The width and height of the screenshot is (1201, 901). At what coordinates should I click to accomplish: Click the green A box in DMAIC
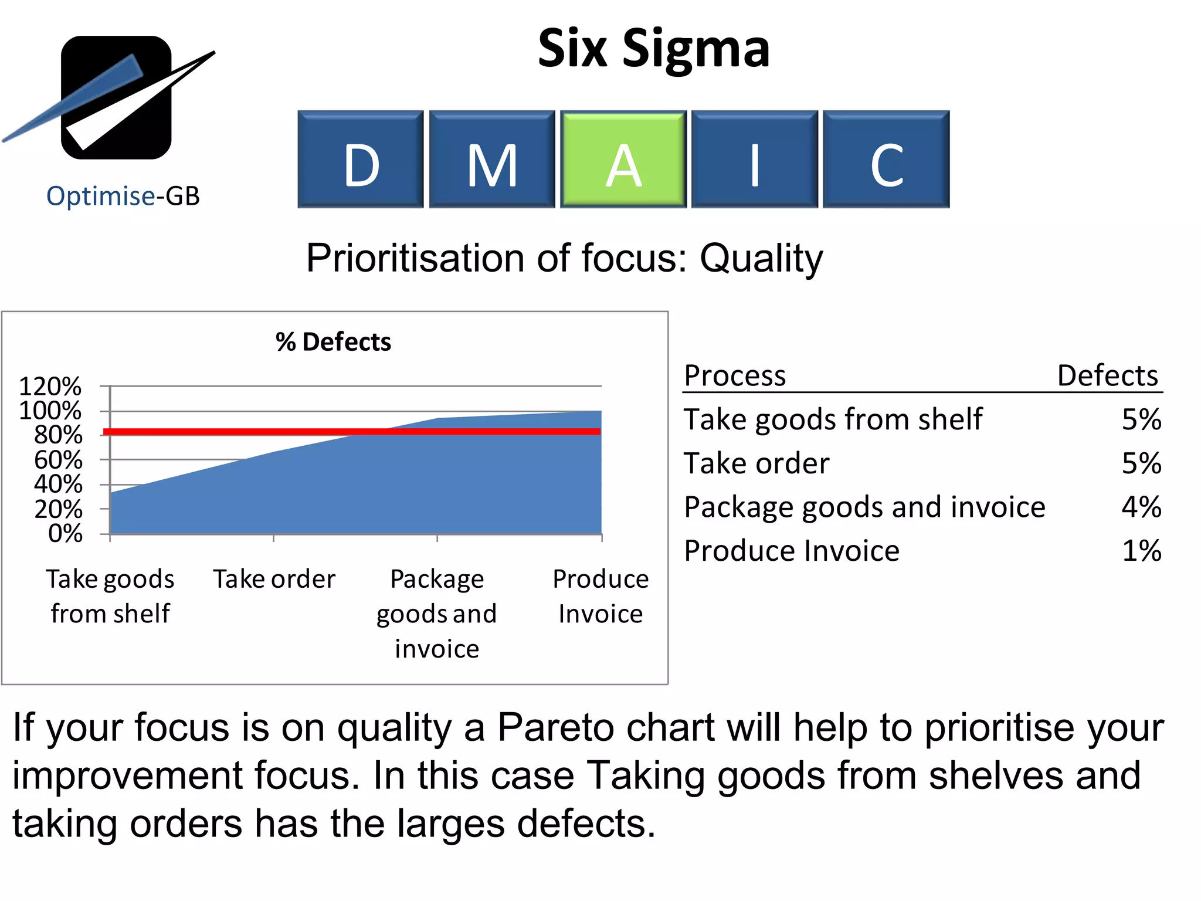[623, 159]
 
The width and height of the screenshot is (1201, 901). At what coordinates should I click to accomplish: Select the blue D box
[360, 159]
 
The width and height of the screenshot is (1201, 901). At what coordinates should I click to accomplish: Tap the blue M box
[491, 159]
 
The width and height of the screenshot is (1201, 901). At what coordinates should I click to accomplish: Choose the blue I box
[755, 159]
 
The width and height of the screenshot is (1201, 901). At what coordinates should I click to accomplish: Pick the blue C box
[886, 159]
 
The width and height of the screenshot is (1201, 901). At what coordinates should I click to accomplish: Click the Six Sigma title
[653, 48]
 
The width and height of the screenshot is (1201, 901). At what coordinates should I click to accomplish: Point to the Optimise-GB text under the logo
[123, 196]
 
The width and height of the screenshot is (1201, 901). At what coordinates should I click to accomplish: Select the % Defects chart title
[333, 342]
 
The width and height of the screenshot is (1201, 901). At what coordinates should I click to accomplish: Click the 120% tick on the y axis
[50, 387]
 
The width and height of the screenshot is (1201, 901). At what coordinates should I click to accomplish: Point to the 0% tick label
[65, 533]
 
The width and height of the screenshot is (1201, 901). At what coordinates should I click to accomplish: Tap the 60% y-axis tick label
[57, 460]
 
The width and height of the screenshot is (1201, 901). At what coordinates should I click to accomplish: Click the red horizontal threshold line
[352, 432]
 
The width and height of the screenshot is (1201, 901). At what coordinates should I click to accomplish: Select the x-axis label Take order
[274, 579]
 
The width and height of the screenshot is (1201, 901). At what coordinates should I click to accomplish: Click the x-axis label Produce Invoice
[600, 596]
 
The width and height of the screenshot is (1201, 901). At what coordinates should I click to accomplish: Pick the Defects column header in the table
[1107, 375]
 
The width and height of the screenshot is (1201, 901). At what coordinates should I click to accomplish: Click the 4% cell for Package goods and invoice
[1141, 507]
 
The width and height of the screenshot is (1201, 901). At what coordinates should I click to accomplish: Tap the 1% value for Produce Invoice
[1141, 551]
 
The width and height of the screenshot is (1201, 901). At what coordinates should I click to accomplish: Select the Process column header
[734, 375]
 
